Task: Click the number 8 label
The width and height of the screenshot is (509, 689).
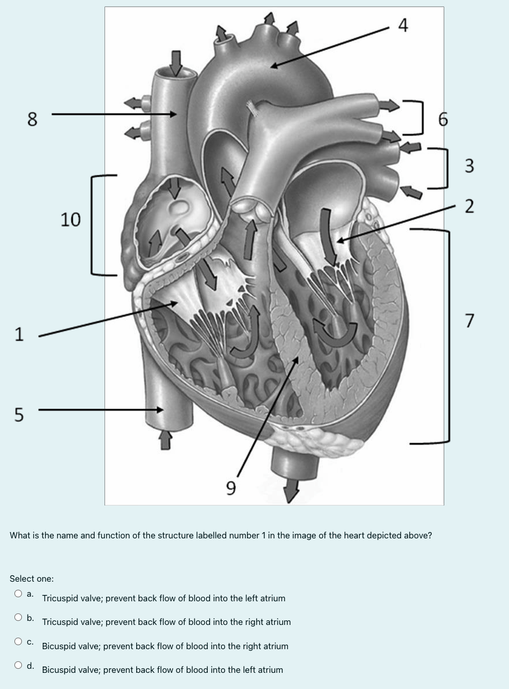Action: (x=33, y=119)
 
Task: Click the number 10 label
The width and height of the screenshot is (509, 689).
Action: (x=71, y=219)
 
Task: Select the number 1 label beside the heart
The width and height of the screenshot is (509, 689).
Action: (x=20, y=334)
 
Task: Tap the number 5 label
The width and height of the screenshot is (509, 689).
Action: (x=20, y=414)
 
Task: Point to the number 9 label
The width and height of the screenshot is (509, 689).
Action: (x=230, y=489)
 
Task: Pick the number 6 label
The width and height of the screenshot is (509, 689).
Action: (x=443, y=119)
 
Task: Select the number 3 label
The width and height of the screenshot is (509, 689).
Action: (x=469, y=166)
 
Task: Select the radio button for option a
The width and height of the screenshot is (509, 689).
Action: (x=19, y=593)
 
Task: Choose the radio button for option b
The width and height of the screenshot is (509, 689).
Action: (x=19, y=617)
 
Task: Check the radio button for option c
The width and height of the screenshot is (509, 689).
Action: (x=19, y=641)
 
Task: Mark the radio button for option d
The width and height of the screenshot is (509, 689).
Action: (x=19, y=665)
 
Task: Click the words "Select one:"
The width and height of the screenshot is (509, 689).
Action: (x=32, y=578)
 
